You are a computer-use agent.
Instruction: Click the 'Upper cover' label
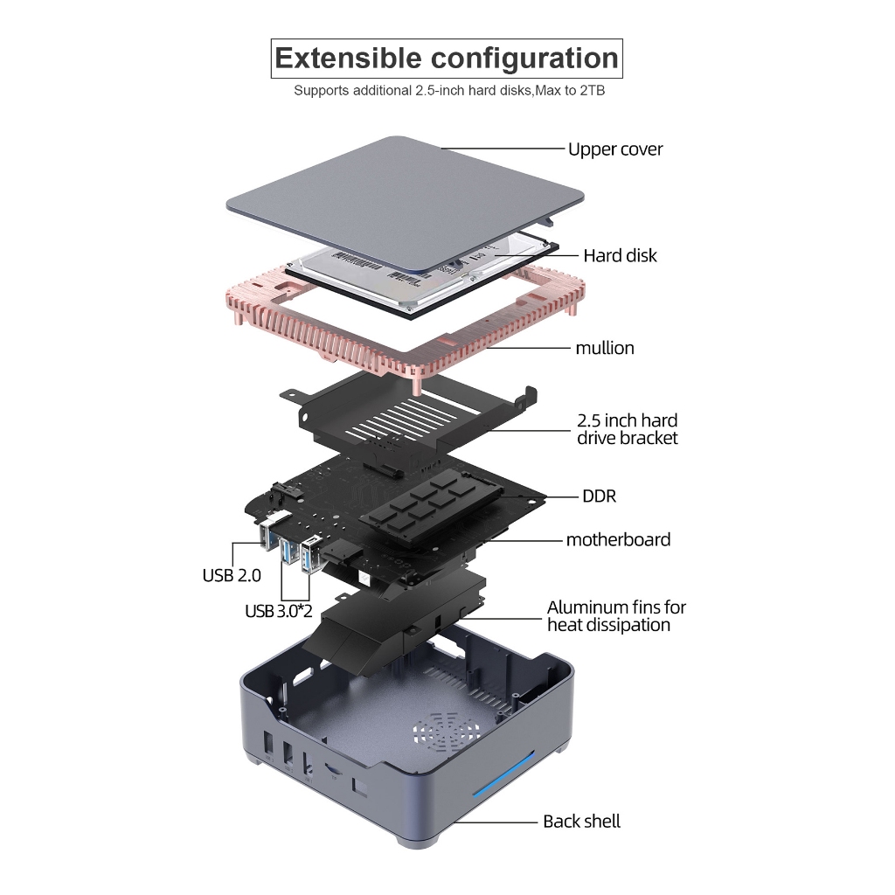[x=614, y=149]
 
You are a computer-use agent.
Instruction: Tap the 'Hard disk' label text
[x=620, y=256]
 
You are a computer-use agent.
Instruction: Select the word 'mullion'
[x=604, y=348]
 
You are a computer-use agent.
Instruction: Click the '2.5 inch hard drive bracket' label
[x=627, y=429]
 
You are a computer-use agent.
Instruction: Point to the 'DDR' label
[x=599, y=496]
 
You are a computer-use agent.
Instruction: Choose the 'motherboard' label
[x=618, y=539]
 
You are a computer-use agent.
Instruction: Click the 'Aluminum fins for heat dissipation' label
[x=616, y=615]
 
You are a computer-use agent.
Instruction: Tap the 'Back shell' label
[x=581, y=822]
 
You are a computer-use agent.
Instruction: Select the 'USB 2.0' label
[x=232, y=575]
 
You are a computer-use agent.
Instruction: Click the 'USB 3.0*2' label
[x=279, y=611]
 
